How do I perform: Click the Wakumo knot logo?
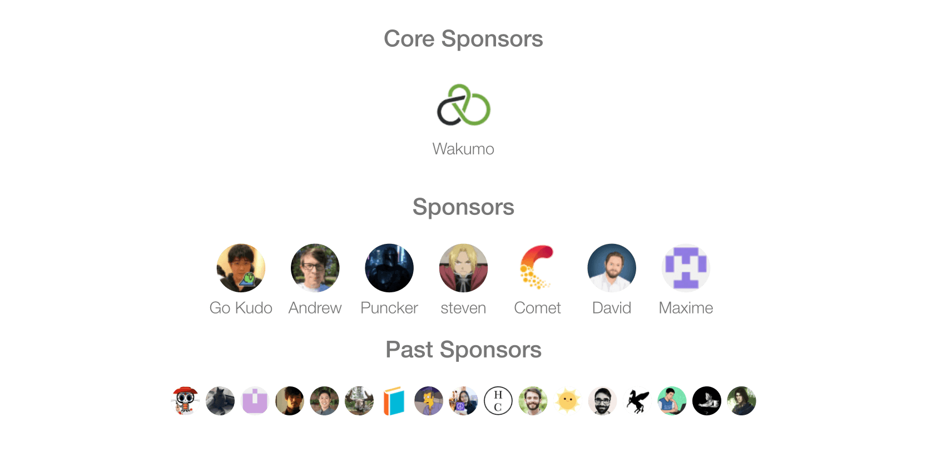[x=464, y=105]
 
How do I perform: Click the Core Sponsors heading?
[x=463, y=39]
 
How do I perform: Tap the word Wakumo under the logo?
[x=463, y=149]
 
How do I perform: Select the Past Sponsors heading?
[x=463, y=350]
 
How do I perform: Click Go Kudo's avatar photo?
[x=241, y=268]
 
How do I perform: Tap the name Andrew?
[x=315, y=308]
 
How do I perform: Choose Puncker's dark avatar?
[x=389, y=268]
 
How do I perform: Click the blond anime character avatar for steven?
[x=463, y=268]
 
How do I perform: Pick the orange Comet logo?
[x=537, y=268]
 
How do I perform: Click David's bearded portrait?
[x=612, y=268]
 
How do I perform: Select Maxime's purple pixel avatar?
[x=686, y=268]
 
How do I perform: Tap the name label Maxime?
[x=686, y=308]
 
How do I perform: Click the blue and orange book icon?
[x=394, y=401]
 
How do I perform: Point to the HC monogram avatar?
[x=498, y=401]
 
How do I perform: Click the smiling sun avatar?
[x=568, y=401]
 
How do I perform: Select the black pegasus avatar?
[x=637, y=401]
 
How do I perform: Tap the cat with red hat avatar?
[x=185, y=401]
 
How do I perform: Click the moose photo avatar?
[x=359, y=401]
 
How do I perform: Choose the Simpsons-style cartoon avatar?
[x=429, y=401]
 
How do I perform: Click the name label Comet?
[x=537, y=308]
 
